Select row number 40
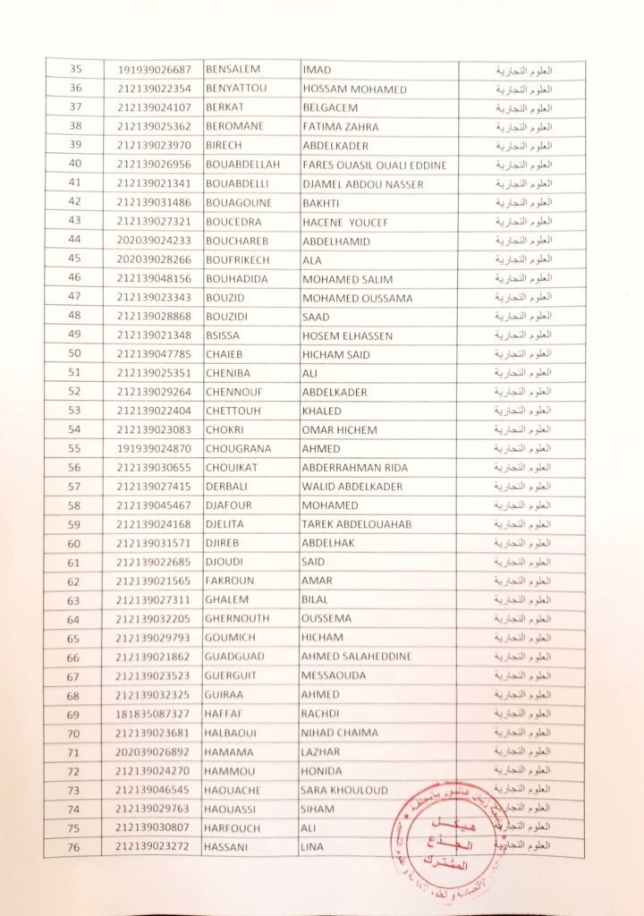(74, 165)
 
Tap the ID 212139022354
(154, 89)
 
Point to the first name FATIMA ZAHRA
(341, 127)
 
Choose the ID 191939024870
(154, 448)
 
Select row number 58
(74, 505)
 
